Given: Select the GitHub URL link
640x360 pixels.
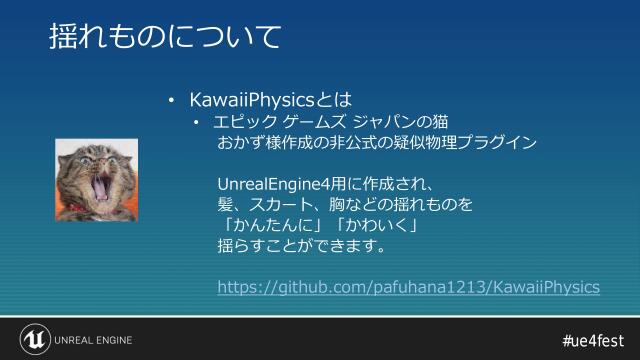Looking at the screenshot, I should [x=409, y=288].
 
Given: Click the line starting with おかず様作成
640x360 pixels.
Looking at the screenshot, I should [x=377, y=143].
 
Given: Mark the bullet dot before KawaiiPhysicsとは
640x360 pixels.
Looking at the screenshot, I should [x=171, y=101].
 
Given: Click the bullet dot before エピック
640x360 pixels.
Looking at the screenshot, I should [x=197, y=123].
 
